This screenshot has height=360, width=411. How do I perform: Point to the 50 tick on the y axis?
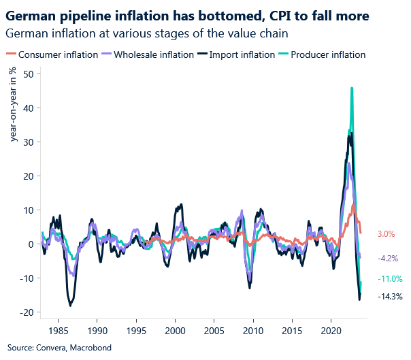29,73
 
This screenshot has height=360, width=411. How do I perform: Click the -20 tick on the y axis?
27,312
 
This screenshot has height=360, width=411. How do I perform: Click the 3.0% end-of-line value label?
387,234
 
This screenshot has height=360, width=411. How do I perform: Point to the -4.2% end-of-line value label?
388,259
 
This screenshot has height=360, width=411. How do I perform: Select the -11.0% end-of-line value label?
390,279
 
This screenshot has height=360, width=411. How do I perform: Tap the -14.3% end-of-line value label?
390,297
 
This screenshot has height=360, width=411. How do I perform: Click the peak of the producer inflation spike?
351,88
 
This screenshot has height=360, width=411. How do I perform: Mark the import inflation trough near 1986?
69,305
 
